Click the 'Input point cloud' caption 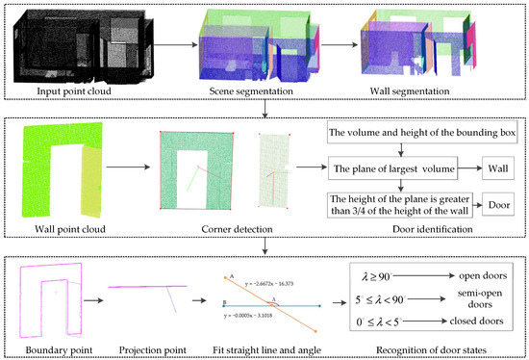click(78, 91)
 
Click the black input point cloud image click(77, 43)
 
